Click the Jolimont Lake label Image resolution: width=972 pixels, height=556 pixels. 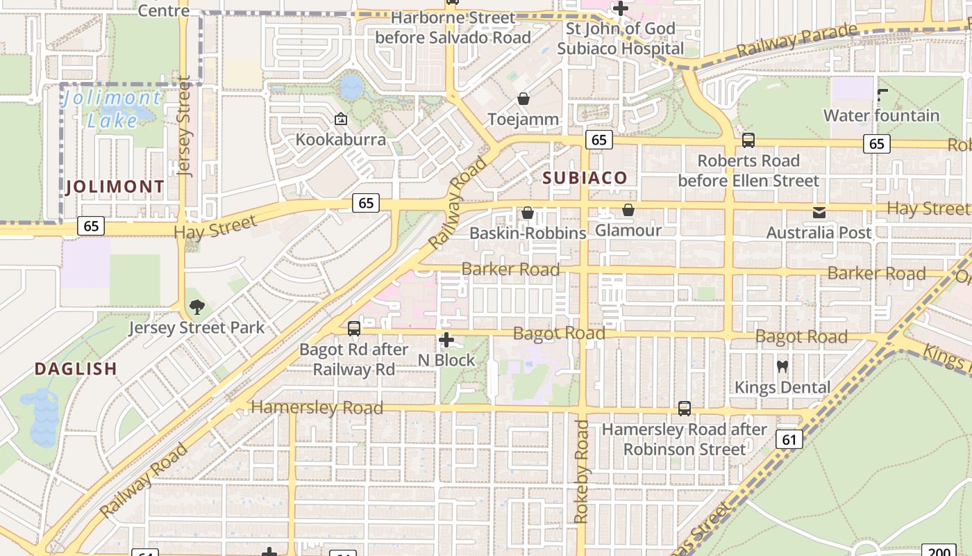pos(111,108)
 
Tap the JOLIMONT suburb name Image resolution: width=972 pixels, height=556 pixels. pos(115,186)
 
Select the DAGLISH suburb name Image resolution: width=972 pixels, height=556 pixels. pos(76,368)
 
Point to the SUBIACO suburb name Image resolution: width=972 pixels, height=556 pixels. pos(585,177)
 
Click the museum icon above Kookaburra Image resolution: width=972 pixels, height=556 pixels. pos(340,119)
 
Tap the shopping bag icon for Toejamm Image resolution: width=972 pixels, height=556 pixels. pos(523,99)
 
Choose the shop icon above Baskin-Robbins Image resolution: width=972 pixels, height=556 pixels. pos(528,212)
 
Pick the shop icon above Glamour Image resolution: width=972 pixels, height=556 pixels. pos(628,209)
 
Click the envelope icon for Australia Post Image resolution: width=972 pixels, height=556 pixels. pos(819,212)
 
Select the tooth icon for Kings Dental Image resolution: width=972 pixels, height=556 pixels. pos(782,366)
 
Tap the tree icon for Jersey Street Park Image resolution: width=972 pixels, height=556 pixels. pos(196,306)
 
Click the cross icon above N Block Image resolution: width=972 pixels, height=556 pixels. pos(446,340)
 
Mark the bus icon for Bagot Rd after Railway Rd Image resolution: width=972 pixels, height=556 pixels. pos(353,328)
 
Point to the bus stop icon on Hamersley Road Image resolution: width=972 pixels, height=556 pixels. pos(685,409)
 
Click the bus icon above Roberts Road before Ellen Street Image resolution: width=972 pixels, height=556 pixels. pos(748,140)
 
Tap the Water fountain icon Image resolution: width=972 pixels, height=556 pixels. pos(882,95)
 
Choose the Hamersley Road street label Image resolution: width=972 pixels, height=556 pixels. pos(317,407)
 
